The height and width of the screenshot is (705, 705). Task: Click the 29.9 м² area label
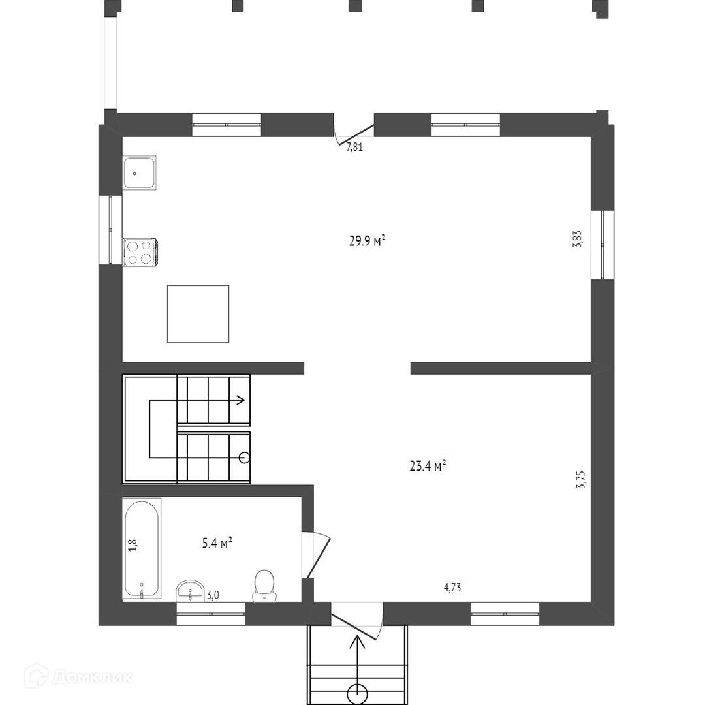click(x=368, y=241)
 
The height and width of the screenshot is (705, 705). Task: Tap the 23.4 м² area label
click(x=428, y=466)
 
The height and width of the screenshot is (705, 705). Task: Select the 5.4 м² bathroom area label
click(x=217, y=543)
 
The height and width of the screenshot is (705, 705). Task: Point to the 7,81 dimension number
click(x=354, y=147)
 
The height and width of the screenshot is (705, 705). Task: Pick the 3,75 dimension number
click(x=581, y=480)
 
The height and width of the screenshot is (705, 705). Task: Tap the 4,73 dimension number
click(x=452, y=587)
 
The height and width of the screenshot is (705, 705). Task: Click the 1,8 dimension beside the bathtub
click(x=133, y=545)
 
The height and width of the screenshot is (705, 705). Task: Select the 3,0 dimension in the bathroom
click(x=213, y=595)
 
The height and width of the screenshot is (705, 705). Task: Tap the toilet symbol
click(x=264, y=586)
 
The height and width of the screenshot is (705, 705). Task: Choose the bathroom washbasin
click(x=191, y=590)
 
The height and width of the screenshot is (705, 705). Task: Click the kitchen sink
click(x=140, y=172)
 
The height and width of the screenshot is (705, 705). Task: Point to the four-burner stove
click(x=140, y=253)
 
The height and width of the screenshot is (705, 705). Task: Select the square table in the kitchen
click(x=198, y=314)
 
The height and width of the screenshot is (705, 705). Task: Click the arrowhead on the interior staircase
click(x=242, y=399)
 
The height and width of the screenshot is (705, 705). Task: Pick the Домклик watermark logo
click(x=79, y=676)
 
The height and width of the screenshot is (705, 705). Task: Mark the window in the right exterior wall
click(x=603, y=245)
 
